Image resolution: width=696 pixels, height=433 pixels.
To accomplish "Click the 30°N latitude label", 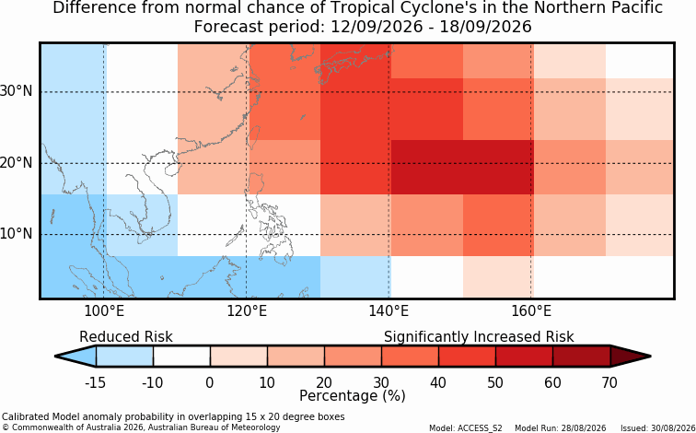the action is [17, 92].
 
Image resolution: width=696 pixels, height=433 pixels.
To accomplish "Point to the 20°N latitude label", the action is [17, 163].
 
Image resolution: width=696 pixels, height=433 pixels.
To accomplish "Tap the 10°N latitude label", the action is [17, 234].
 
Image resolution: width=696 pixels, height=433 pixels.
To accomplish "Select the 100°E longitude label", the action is [105, 311].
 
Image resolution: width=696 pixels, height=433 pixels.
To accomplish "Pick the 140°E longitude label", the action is [389, 311].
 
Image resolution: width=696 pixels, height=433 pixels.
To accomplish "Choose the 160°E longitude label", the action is [531, 311].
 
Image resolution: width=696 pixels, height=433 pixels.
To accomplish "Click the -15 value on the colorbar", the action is [95, 382].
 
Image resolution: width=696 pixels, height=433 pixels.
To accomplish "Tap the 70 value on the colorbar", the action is [609, 382].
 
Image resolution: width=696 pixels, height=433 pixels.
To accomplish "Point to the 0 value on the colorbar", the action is [210, 382].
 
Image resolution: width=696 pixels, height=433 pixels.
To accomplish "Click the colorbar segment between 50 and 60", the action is [524, 357].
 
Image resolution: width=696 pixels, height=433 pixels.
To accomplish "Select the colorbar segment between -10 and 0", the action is [181, 357].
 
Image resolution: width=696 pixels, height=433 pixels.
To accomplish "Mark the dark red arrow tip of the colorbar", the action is [651, 357].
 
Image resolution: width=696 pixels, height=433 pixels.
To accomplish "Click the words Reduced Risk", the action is [126, 337].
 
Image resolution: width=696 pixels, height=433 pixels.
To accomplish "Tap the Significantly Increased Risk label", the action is [479, 337].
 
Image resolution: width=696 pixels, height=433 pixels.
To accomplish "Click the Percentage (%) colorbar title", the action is [353, 395].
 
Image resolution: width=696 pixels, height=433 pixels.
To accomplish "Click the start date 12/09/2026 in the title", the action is [377, 27].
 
